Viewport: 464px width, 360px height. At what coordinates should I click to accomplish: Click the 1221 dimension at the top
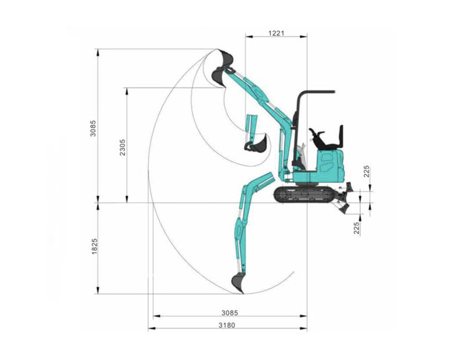click(x=276, y=34)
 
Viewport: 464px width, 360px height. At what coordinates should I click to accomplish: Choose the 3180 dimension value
click(x=227, y=325)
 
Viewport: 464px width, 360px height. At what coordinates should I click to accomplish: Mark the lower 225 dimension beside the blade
click(x=357, y=228)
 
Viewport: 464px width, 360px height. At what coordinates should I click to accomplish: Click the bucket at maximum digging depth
click(x=238, y=282)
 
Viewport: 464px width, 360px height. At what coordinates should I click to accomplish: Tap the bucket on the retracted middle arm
click(x=255, y=144)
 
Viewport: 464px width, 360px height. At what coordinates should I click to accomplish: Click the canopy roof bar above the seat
click(x=316, y=92)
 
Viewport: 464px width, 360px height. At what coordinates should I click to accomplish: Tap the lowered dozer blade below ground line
click(x=347, y=207)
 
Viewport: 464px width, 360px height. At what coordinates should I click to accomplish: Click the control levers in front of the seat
click(x=316, y=135)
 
